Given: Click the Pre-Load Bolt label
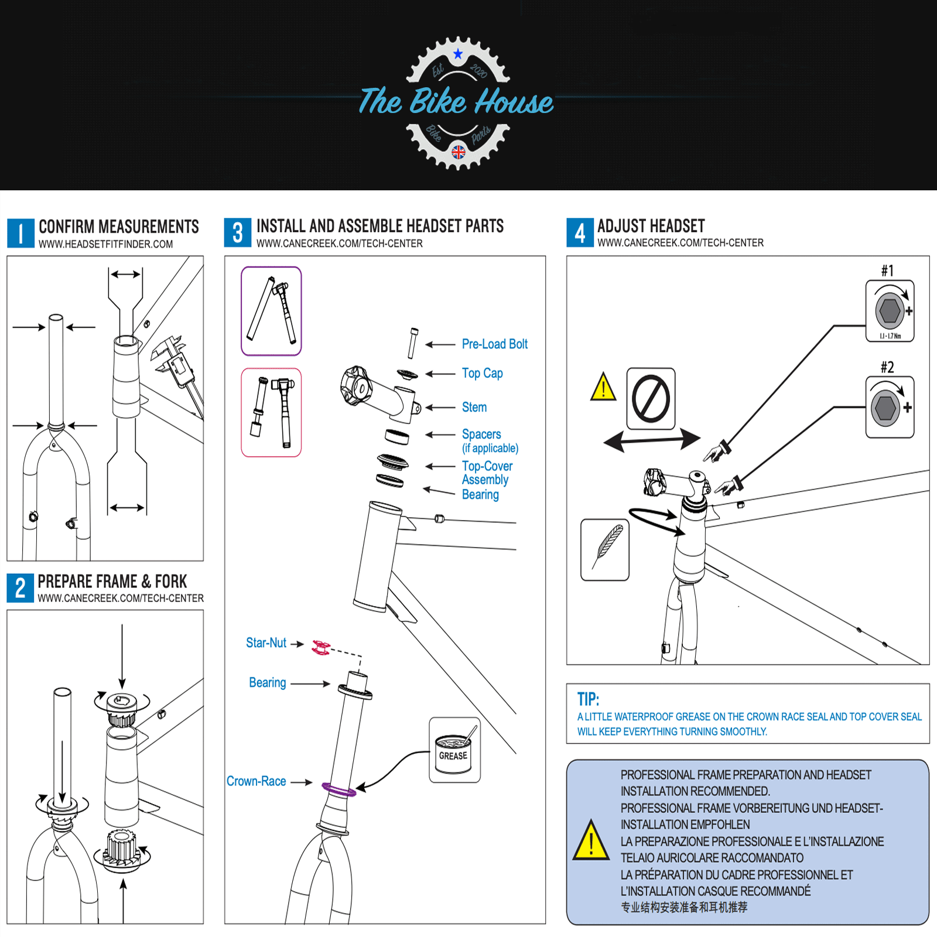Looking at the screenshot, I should tap(494, 344).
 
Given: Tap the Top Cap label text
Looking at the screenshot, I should tap(482, 374).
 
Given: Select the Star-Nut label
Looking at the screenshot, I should tap(266, 643).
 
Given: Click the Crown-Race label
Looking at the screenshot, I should tap(256, 781).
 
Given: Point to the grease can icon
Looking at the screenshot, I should tap(454, 751).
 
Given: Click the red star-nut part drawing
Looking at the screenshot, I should tap(320, 647).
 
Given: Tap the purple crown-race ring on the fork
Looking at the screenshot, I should tap(339, 789).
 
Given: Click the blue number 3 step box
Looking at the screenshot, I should tap(238, 232).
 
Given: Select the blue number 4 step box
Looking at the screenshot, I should tap(580, 232).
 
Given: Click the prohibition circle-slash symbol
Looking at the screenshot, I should tap(651, 399).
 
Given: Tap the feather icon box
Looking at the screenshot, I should tap(605, 549).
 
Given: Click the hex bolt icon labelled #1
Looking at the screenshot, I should tap(890, 311).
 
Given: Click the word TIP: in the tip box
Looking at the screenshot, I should tap(588, 699).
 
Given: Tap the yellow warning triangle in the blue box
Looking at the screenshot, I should tap(591, 841).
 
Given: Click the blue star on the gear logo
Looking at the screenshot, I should tap(458, 54).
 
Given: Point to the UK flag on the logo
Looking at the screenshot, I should tap(459, 152).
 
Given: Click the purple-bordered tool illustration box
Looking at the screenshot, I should tap(271, 311).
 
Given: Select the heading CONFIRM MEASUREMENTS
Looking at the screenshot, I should tap(119, 227).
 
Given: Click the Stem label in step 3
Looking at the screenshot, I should tap(474, 407).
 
